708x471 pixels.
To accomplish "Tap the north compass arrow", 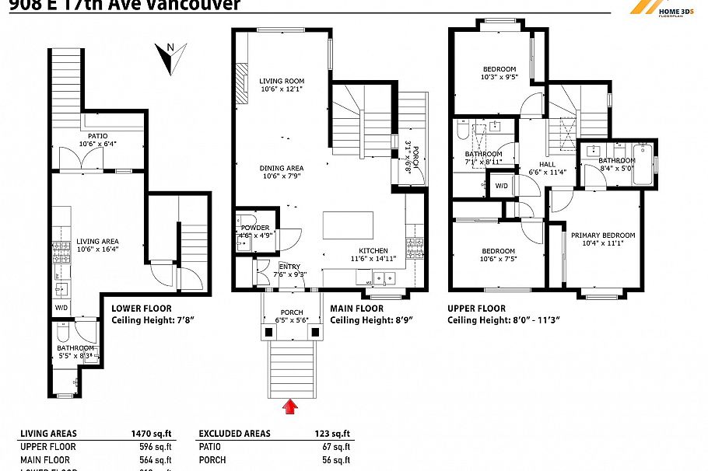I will click(173, 59).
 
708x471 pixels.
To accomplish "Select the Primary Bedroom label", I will click(603, 235).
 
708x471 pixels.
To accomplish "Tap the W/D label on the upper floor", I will click(502, 186).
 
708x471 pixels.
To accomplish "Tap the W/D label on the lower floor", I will click(61, 307).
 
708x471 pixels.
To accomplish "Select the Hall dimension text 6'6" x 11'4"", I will click(547, 173).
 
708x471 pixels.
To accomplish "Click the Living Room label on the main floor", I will click(282, 81).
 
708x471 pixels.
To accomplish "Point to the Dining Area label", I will click(282, 168).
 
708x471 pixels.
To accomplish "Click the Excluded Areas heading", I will click(234, 434).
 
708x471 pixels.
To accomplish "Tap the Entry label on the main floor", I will click(289, 267).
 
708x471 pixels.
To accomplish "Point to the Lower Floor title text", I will click(141, 309).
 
